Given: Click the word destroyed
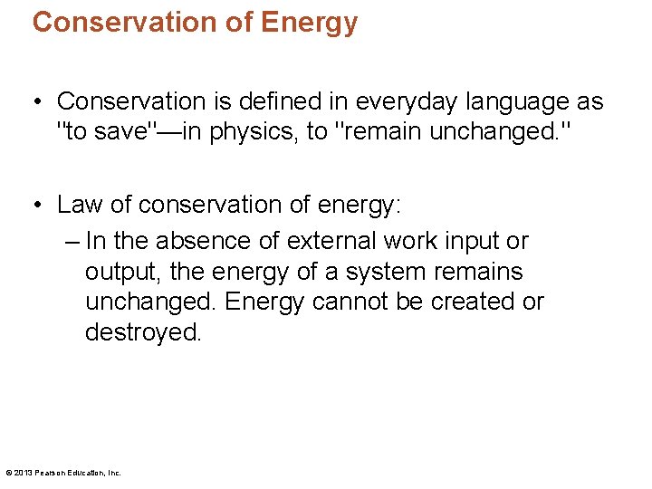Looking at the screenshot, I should (x=142, y=332).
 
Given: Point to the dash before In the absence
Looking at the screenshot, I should (x=72, y=241).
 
